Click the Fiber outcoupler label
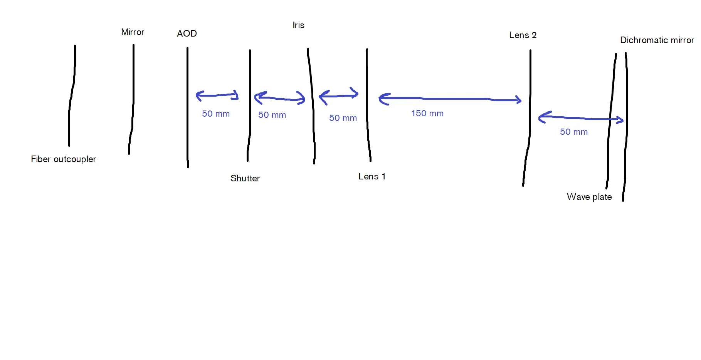pyautogui.click(x=63, y=159)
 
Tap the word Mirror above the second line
pyautogui.click(x=133, y=32)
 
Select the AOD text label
pyautogui.click(x=187, y=33)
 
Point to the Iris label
pyautogui.click(x=298, y=25)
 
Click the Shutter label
pyautogui.click(x=245, y=178)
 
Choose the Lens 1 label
pyautogui.click(x=372, y=176)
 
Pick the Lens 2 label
pyautogui.click(x=523, y=35)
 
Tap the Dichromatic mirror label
pyautogui.click(x=657, y=40)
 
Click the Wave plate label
pyautogui.click(x=589, y=197)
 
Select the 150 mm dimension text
pyautogui.click(x=427, y=113)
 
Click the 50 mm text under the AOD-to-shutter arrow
pyautogui.click(x=216, y=114)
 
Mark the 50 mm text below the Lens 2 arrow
pyautogui.click(x=574, y=132)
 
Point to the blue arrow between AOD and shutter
pyautogui.click(x=217, y=95)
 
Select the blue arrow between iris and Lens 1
pyautogui.click(x=339, y=95)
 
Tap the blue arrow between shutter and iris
pyautogui.click(x=280, y=99)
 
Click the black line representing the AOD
pyautogui.click(x=188, y=108)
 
